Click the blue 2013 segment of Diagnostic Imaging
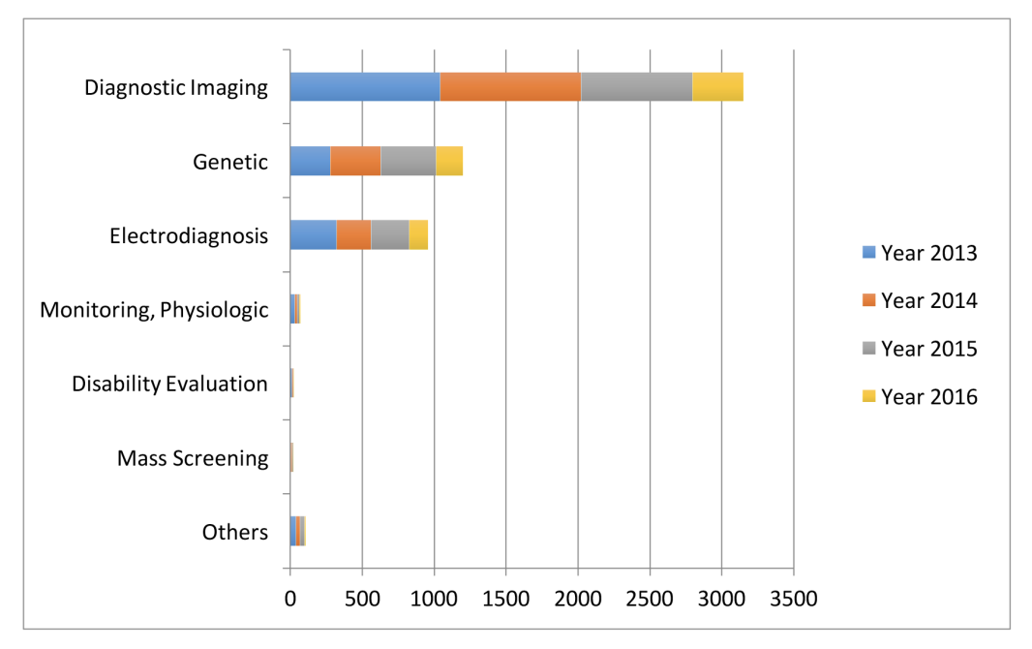(365, 87)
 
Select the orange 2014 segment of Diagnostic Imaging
(511, 87)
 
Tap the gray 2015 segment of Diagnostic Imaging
(636, 87)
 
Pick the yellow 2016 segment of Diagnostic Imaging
(718, 87)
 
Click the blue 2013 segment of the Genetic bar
(310, 161)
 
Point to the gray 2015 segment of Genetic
(409, 161)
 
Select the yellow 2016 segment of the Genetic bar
(449, 161)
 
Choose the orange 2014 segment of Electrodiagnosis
(353, 235)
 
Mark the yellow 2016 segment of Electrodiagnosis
(418, 235)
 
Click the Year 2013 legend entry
(920, 253)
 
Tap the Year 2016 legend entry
(920, 396)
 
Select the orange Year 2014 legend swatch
(868, 300)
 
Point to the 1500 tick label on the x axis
(506, 599)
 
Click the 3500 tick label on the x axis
(794, 599)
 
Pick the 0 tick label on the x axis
(290, 599)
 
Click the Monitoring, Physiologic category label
(154, 310)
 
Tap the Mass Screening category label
(193, 458)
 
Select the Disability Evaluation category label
(169, 384)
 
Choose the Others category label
(235, 532)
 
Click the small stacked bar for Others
(298, 531)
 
